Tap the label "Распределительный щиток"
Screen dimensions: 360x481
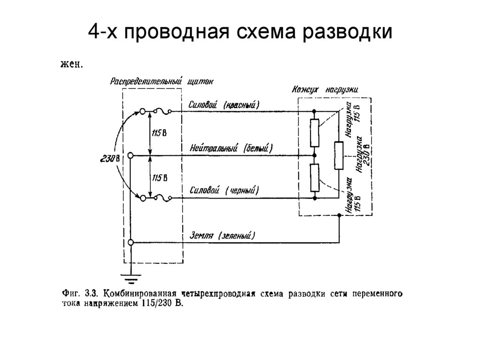click(162, 81)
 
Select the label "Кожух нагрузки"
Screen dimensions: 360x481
click(325, 89)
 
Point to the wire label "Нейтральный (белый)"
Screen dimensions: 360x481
click(231, 148)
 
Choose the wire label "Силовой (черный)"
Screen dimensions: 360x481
click(225, 191)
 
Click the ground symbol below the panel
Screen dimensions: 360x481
click(131, 277)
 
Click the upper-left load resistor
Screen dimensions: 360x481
click(314, 133)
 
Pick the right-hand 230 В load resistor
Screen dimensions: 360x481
click(338, 155)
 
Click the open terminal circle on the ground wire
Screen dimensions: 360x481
click(131, 242)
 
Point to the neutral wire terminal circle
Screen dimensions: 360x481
click(131, 155)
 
